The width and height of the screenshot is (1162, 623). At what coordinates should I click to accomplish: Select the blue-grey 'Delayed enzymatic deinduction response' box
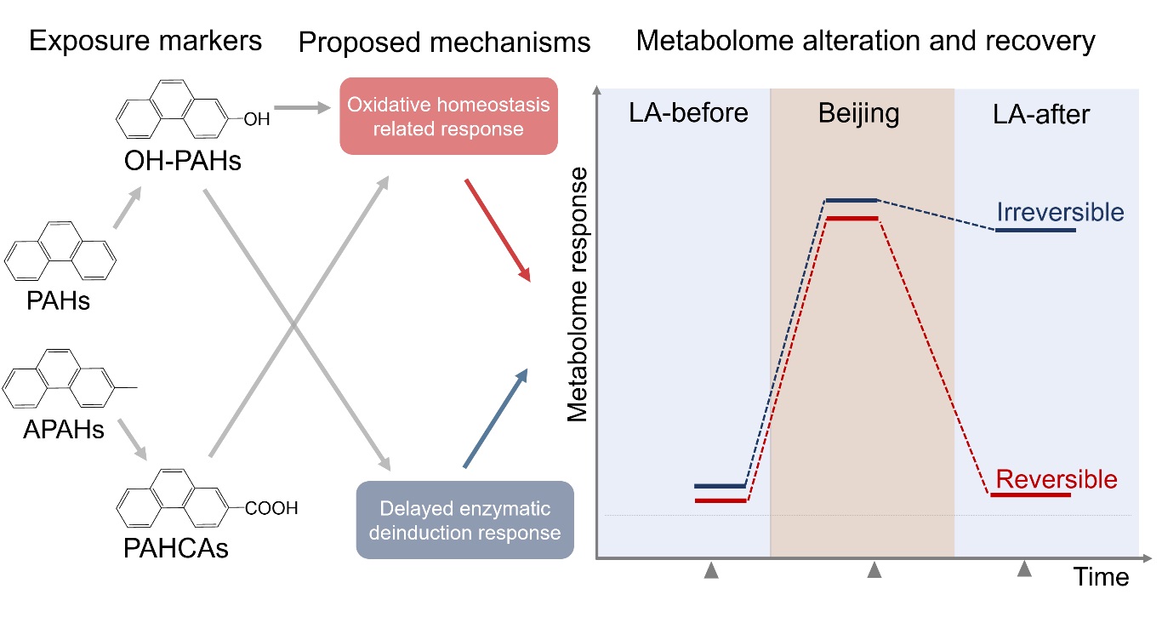click(x=464, y=520)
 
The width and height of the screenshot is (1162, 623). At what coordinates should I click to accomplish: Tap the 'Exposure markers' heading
click(x=145, y=40)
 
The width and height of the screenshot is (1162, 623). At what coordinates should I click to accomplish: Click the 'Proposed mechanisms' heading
click(x=444, y=43)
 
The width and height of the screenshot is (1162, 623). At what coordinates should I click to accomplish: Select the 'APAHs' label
click(x=64, y=430)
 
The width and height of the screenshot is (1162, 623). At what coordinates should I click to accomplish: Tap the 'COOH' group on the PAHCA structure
click(x=271, y=509)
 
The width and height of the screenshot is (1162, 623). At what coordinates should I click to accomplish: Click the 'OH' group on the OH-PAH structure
click(x=256, y=121)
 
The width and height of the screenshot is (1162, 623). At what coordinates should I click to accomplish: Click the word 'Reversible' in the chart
click(x=1056, y=479)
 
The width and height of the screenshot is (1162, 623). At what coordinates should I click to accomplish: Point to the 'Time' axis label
click(x=1100, y=577)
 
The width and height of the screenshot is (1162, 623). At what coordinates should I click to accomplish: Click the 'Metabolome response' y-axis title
click(x=578, y=294)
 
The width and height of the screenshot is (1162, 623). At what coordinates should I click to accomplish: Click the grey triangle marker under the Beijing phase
click(x=874, y=572)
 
